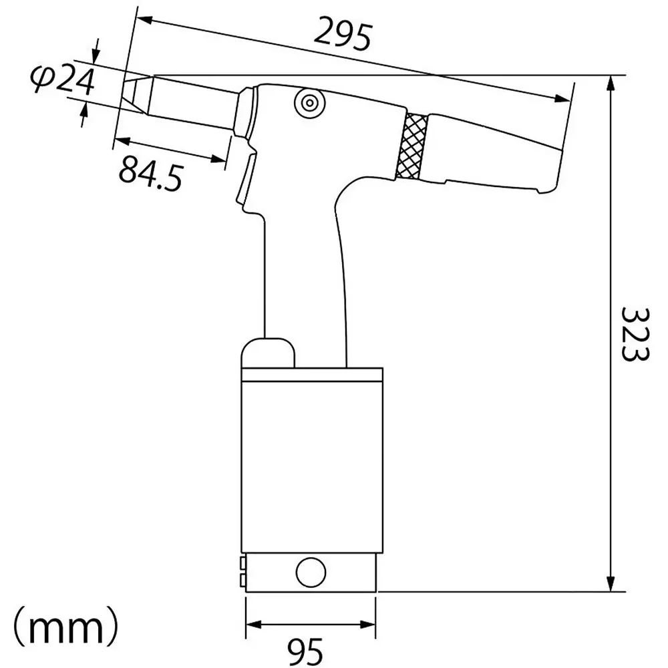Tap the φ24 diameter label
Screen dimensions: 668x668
click(61, 81)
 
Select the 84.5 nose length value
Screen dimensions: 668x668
click(150, 173)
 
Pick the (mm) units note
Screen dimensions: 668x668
click(67, 628)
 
